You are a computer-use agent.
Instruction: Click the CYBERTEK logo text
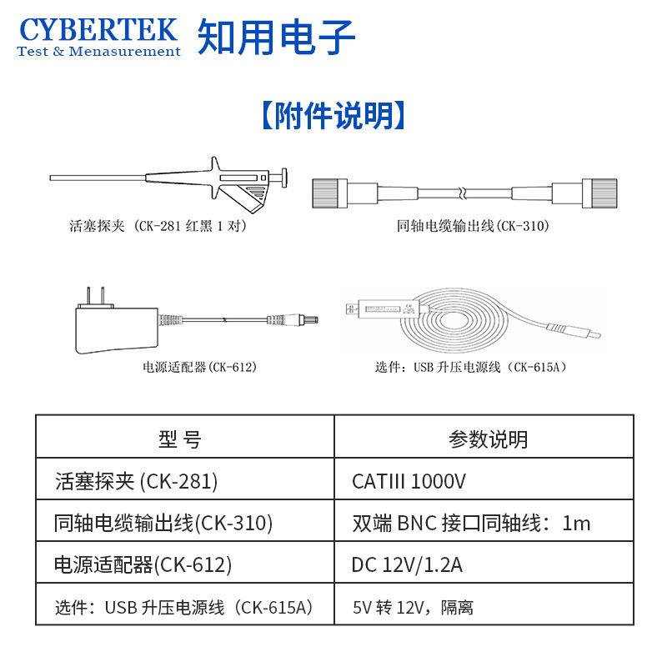tap(98, 29)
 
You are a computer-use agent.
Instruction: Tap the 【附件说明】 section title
tap(333, 116)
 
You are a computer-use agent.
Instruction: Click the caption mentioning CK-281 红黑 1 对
tap(158, 226)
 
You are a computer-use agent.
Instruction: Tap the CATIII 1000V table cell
tap(409, 481)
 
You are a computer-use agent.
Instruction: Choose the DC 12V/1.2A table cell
tap(407, 565)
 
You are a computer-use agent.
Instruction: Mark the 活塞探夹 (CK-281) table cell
tap(136, 481)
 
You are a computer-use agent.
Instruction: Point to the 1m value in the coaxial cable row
tap(576, 524)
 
